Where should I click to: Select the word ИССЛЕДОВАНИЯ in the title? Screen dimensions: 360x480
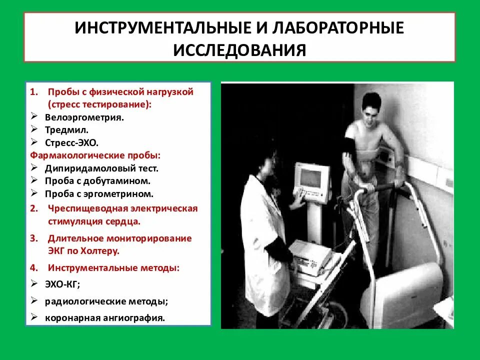(x=239, y=50)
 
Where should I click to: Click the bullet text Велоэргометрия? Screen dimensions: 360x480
(x=84, y=118)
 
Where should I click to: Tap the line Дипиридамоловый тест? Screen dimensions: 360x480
(x=101, y=168)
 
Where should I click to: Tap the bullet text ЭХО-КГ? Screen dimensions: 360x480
(x=62, y=284)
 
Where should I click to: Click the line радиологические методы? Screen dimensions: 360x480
(x=106, y=301)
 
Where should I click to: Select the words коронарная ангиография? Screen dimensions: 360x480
(x=104, y=317)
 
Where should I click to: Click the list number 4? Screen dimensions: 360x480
(x=32, y=268)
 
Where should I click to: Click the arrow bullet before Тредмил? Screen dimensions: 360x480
(x=34, y=130)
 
